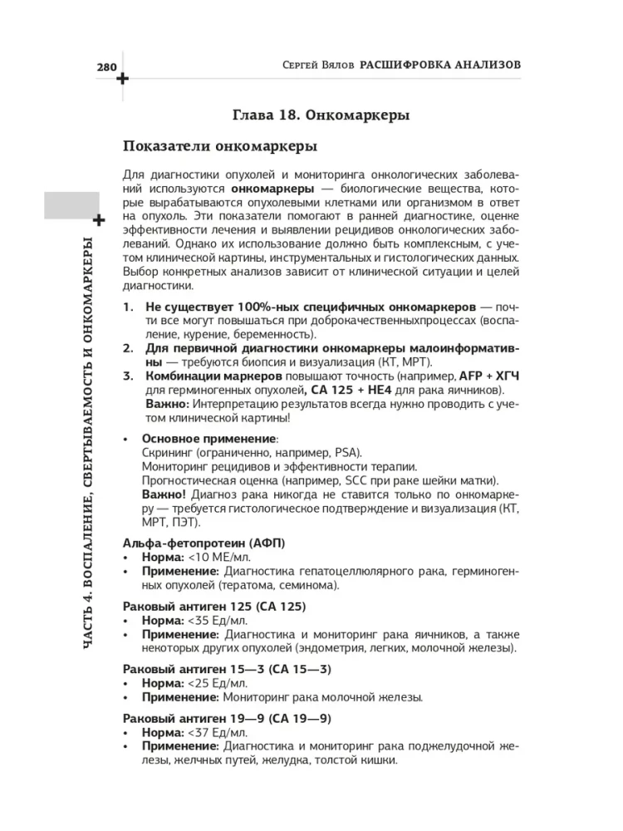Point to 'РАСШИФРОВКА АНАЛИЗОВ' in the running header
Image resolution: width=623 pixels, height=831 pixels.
[441, 64]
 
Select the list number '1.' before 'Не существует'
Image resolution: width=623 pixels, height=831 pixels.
[129, 307]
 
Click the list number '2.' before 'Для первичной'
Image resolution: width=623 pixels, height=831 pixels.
[129, 349]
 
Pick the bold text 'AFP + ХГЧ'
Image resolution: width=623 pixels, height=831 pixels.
[487, 376]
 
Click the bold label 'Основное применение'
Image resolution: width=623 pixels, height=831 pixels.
[208, 438]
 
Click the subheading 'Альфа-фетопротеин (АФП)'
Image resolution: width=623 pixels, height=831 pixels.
[204, 542]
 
